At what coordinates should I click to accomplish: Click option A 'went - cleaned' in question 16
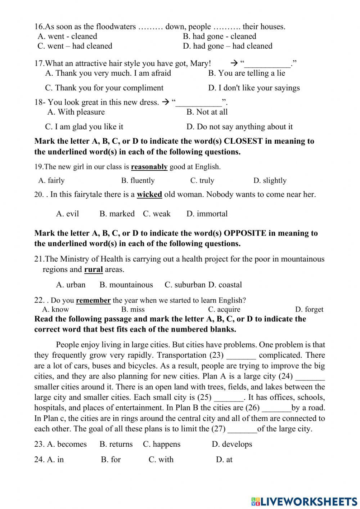pyautogui.click(x=67, y=36)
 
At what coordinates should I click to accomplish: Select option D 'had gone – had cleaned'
pyautogui.click(x=228, y=46)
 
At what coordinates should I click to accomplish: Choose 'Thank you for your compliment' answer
pyautogui.click(x=104, y=88)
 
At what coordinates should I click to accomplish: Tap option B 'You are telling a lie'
pyautogui.click(x=247, y=73)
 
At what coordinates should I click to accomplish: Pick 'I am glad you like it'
pyautogui.click(x=84, y=127)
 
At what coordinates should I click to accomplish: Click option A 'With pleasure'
pyautogui.click(x=76, y=112)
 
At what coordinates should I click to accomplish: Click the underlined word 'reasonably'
pyautogui.click(x=149, y=167)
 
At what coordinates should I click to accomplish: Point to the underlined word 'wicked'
pyautogui.click(x=149, y=195)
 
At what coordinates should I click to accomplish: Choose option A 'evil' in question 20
pyautogui.click(x=67, y=214)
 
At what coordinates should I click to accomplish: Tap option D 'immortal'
pyautogui.click(x=207, y=214)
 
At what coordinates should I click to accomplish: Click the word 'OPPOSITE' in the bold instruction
pyautogui.click(x=245, y=233)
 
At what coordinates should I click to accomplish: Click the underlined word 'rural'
pyautogui.click(x=93, y=269)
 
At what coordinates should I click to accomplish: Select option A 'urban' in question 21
pyautogui.click(x=71, y=285)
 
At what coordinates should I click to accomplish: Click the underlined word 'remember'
pyautogui.click(x=93, y=300)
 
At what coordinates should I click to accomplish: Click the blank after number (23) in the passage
pyautogui.click(x=241, y=356)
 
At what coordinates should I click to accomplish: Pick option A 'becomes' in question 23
pyautogui.click(x=67, y=444)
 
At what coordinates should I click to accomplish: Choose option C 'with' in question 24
pyautogui.click(x=161, y=460)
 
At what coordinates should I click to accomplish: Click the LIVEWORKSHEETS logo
pyautogui.click(x=304, y=501)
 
